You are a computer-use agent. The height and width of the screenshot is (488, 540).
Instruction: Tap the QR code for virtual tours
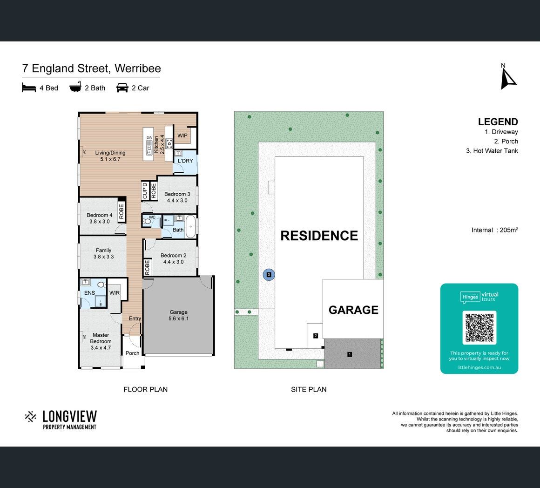479,327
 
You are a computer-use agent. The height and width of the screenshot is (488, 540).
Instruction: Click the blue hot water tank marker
269,274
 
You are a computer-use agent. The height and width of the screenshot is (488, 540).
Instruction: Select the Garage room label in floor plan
178,315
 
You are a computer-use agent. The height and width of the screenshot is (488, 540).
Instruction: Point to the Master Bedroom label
101,341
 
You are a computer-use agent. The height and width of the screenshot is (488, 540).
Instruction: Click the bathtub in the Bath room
190,227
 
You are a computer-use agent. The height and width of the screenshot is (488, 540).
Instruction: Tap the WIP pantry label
182,136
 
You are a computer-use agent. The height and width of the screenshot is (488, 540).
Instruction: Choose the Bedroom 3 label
177,197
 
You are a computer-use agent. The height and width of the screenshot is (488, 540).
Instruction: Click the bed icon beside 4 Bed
29,88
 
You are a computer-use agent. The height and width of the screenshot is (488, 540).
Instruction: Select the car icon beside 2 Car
122,88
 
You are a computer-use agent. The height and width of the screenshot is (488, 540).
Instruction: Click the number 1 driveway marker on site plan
350,354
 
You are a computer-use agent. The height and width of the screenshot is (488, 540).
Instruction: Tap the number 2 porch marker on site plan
316,336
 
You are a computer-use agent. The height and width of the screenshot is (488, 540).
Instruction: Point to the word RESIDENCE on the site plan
319,236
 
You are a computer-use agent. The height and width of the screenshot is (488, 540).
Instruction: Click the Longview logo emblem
30,417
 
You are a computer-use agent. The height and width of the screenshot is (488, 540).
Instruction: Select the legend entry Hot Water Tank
492,151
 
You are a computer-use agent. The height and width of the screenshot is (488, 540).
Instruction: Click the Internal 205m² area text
494,230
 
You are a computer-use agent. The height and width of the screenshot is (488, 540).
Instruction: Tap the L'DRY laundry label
185,161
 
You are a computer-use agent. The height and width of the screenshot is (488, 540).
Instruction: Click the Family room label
103,253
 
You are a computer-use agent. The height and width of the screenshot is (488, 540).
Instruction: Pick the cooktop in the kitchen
169,143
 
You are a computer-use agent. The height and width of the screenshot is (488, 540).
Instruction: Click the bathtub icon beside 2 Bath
75,87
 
